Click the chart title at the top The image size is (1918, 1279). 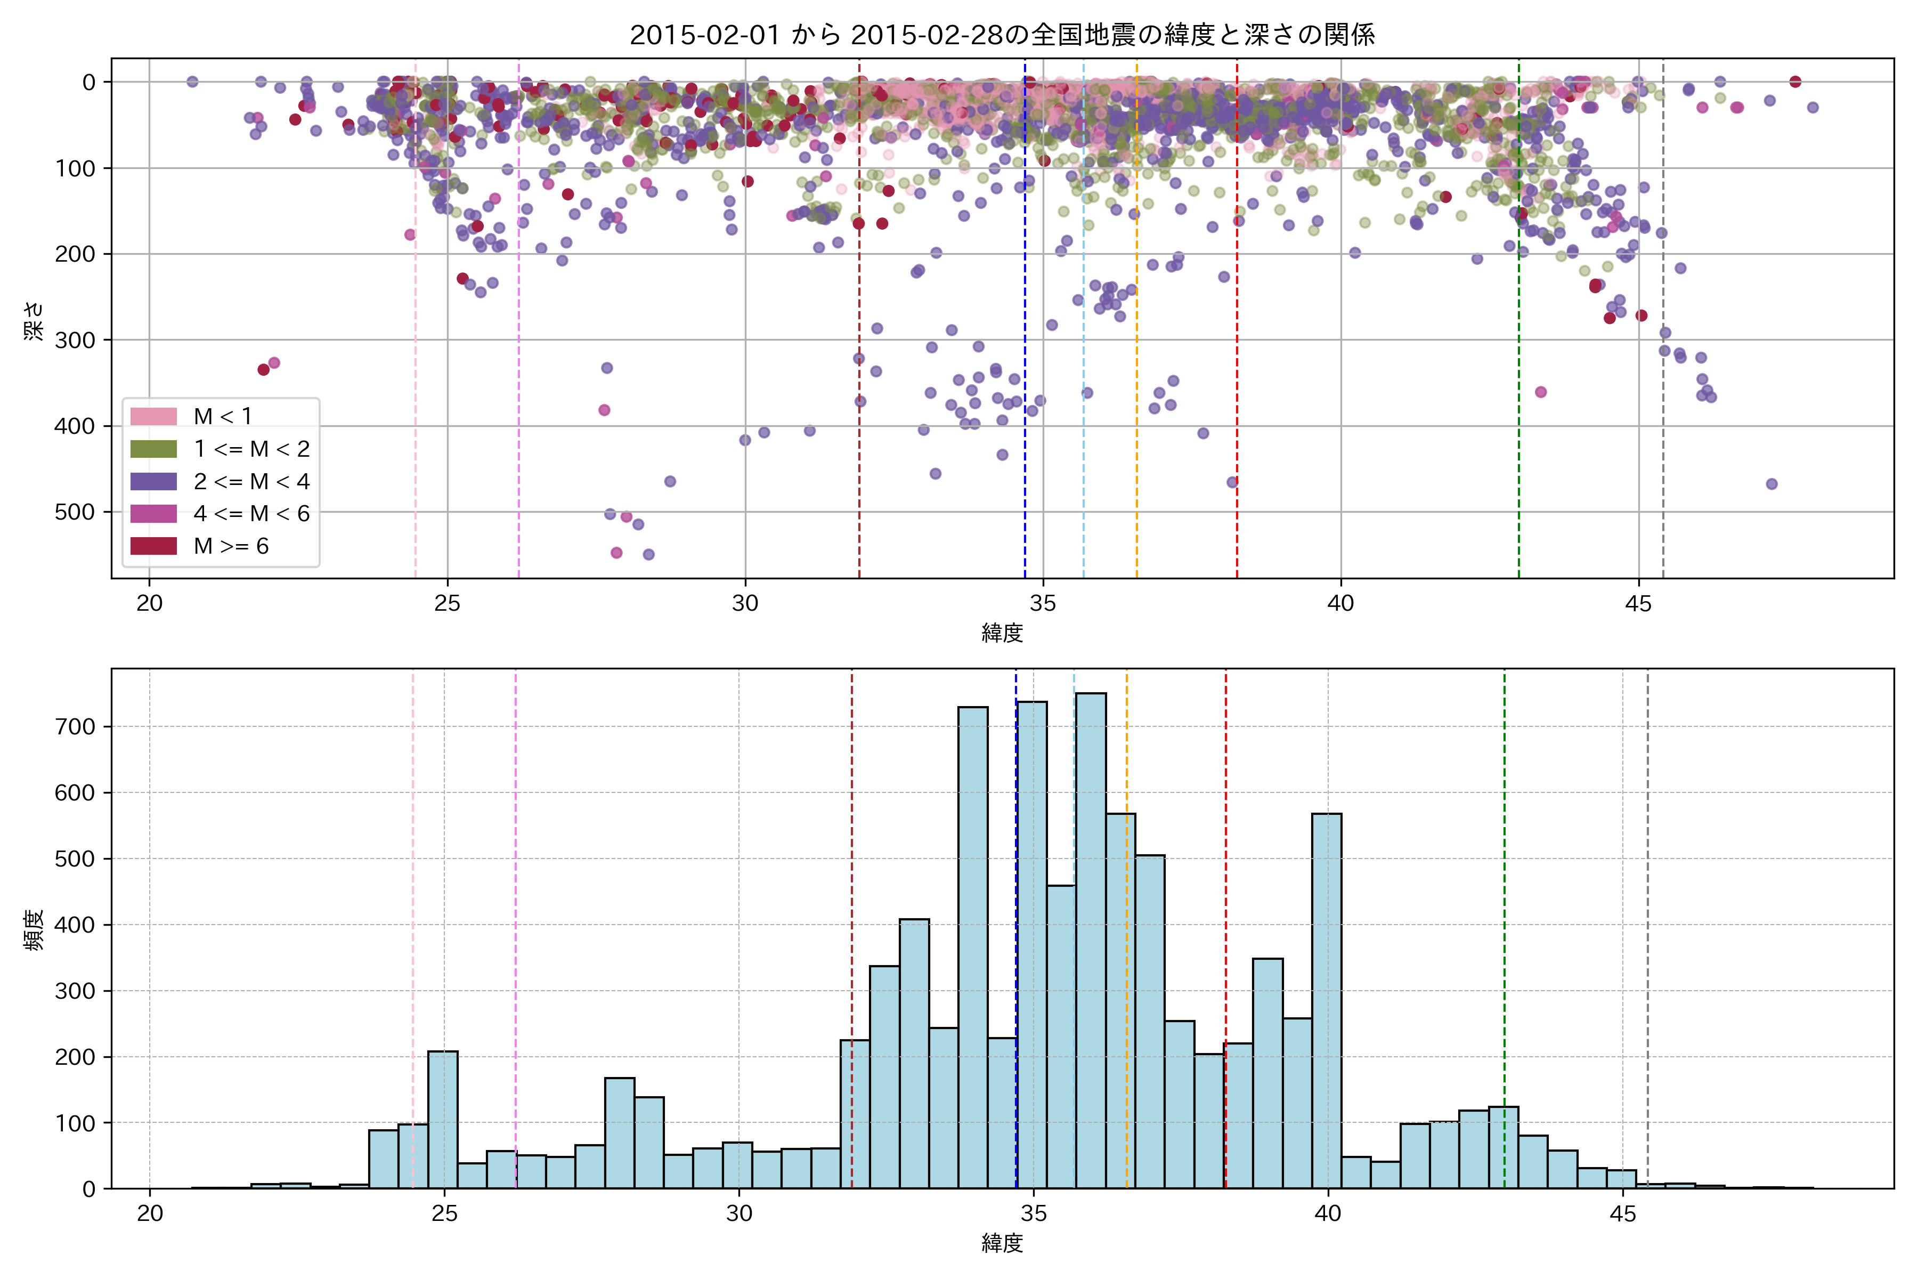(x=1002, y=34)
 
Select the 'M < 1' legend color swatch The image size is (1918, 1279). (x=153, y=416)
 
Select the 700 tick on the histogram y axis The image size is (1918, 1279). (x=77, y=727)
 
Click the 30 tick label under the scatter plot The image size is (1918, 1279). (x=744, y=604)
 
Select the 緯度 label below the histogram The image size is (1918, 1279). (x=1002, y=1243)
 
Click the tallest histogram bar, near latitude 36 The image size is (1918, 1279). (x=1090, y=938)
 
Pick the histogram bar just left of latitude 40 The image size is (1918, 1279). (x=1326, y=1003)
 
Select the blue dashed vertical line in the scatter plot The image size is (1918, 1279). (x=1025, y=326)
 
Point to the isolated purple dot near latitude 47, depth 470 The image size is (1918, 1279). (x=1771, y=484)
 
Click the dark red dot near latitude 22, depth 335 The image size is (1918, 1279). (x=263, y=369)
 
